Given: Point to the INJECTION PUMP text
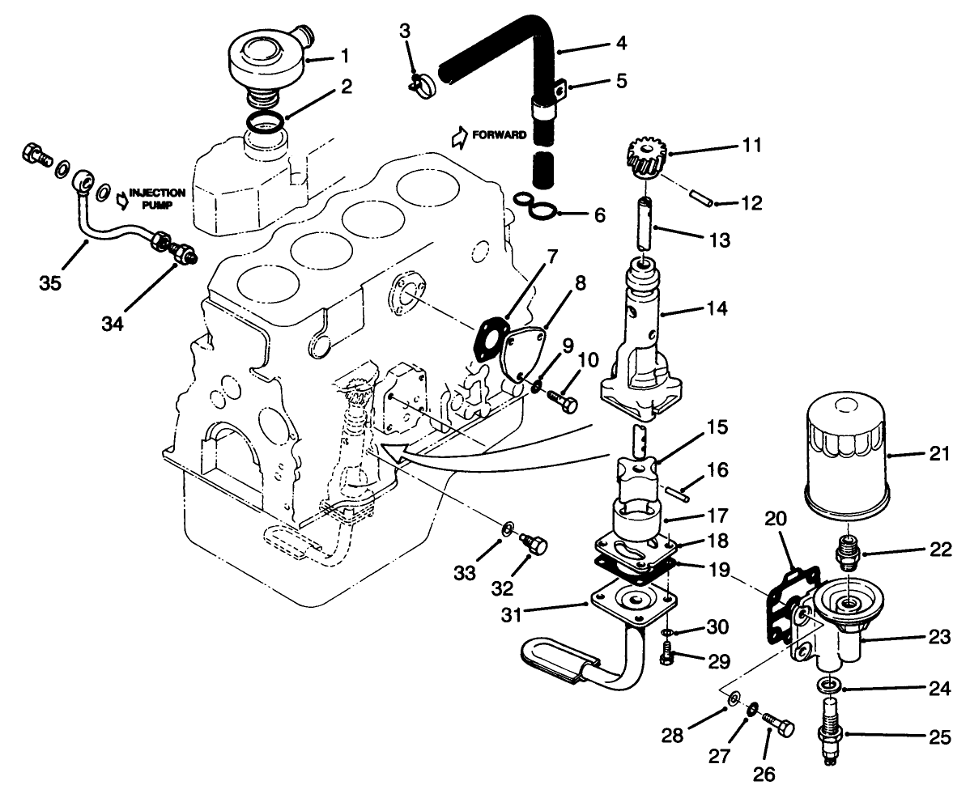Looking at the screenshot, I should (157, 199).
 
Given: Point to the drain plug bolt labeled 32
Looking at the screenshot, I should (535, 544).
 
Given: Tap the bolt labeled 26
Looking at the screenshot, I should (781, 720).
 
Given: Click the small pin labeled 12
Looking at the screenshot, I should (701, 197).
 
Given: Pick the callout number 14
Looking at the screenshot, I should (714, 308).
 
